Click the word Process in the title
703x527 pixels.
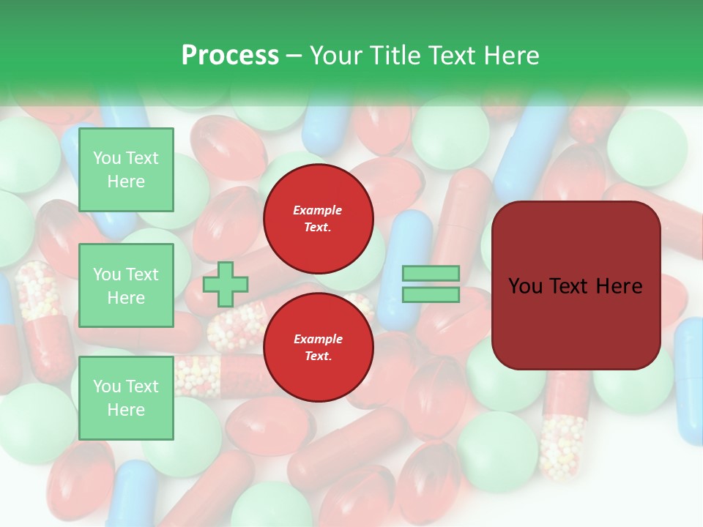click(x=230, y=56)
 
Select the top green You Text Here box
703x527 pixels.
click(x=126, y=170)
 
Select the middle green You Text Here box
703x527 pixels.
click(x=126, y=285)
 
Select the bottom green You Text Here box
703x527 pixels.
click(x=126, y=398)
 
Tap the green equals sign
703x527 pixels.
click(x=431, y=284)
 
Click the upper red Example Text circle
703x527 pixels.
click(x=319, y=219)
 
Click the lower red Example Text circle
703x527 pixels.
click(x=319, y=348)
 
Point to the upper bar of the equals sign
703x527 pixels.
click(x=431, y=274)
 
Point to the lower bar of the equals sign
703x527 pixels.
click(x=431, y=295)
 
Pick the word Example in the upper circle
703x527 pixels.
click(x=318, y=210)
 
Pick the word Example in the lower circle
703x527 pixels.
click(x=318, y=339)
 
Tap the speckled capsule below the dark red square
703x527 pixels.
click(x=562, y=443)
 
